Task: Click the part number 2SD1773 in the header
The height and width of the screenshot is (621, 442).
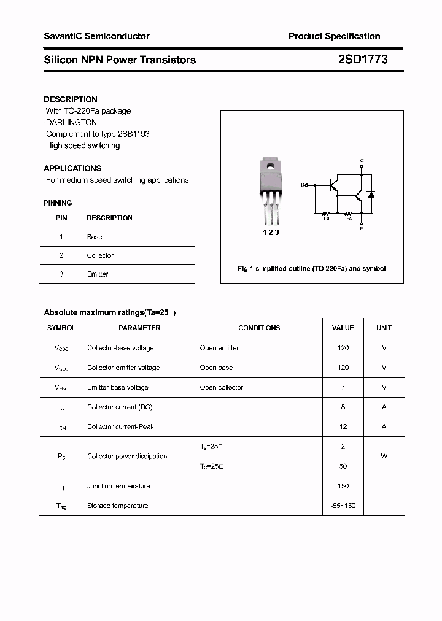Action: tap(362, 60)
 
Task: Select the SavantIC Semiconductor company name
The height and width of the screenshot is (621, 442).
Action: tap(96, 36)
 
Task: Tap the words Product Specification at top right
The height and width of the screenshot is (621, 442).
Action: tap(334, 36)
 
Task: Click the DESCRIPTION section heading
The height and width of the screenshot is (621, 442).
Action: tap(71, 99)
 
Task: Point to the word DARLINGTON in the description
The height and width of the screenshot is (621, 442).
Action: tap(72, 122)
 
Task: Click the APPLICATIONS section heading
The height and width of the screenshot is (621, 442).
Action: tap(72, 168)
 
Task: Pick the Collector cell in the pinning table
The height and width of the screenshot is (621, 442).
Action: tap(100, 255)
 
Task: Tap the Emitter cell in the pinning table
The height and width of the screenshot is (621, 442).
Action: tap(98, 274)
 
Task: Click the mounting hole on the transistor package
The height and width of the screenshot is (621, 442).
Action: tap(270, 165)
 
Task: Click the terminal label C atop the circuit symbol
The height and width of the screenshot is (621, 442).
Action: tap(362, 161)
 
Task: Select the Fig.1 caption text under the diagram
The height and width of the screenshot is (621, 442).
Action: tap(312, 269)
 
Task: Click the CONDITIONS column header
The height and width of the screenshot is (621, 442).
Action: tap(259, 328)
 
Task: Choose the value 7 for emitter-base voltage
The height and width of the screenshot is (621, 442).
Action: tap(343, 387)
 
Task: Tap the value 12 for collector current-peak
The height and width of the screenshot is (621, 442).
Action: tap(343, 426)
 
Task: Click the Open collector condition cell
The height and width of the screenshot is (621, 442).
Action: tap(221, 387)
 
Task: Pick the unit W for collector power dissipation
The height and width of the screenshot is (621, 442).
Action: tap(384, 457)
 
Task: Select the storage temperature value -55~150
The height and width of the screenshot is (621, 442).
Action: tap(343, 506)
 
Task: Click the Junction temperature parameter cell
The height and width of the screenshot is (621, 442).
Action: tap(118, 486)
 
